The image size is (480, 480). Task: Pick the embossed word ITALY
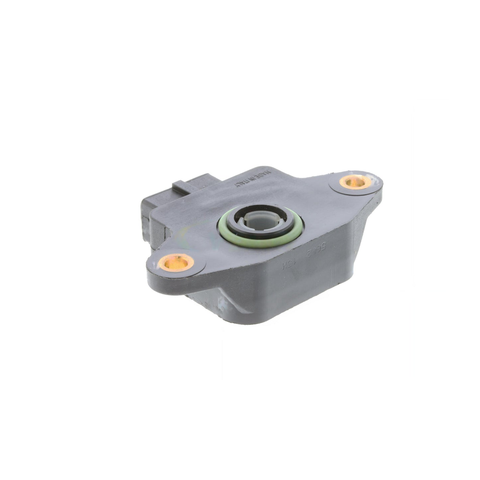pos(244,184)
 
